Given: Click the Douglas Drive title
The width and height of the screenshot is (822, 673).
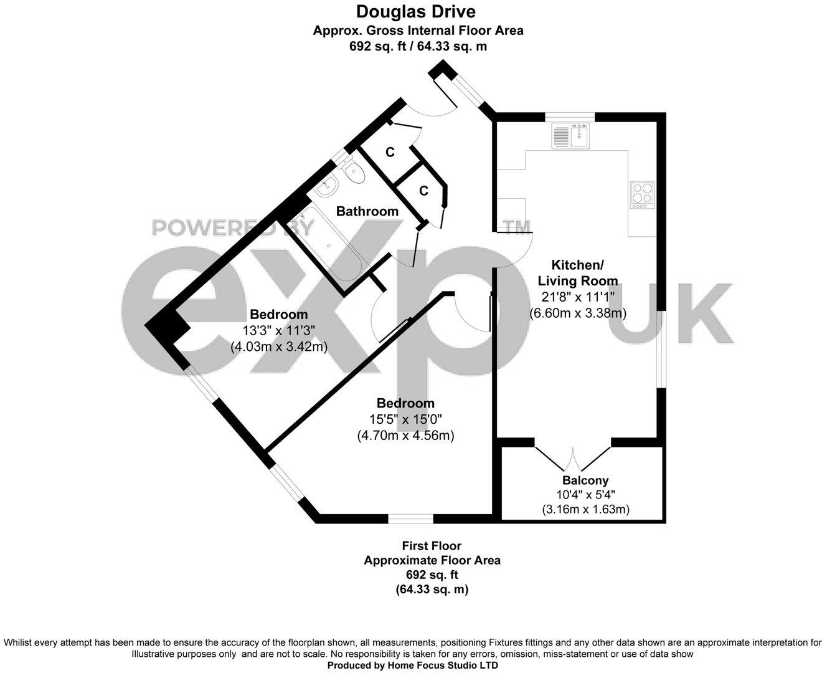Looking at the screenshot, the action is tap(415, 11).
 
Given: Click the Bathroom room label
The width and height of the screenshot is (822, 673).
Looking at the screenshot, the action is tap(367, 211).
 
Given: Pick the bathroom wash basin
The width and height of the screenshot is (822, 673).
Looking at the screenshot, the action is tap(327, 186).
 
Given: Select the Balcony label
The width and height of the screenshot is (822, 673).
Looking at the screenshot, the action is tap(585, 480).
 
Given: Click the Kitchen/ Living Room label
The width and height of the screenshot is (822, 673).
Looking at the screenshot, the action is tap(578, 272).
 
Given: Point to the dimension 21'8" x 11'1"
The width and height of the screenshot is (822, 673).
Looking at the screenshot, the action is tap(577, 297).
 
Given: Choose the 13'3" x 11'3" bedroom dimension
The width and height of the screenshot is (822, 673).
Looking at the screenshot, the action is tap(278, 330).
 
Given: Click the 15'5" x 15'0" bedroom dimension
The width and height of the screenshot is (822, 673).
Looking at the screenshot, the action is tap(405, 420).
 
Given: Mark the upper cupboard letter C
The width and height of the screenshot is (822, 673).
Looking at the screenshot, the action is tap(390, 152).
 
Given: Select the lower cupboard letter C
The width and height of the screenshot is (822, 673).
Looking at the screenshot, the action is tap(423, 191).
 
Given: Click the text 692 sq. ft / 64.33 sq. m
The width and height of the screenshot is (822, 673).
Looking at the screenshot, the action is tap(418, 45).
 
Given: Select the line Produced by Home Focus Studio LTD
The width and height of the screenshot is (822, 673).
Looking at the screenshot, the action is tap(413, 665).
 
